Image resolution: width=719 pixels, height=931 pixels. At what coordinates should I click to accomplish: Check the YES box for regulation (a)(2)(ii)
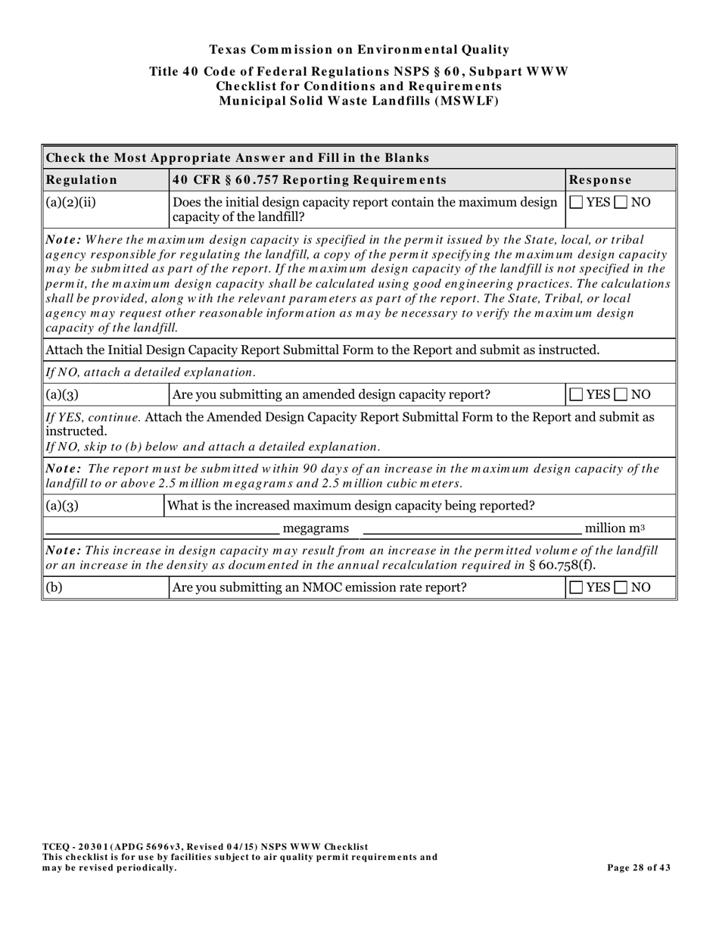(577, 203)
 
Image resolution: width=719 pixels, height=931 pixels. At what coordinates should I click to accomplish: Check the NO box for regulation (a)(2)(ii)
(621, 203)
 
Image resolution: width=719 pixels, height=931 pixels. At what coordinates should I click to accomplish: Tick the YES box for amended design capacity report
(577, 395)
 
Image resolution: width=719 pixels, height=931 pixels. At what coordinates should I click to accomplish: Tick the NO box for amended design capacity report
(621, 395)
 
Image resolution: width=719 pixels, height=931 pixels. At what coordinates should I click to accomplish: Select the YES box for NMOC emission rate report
(577, 587)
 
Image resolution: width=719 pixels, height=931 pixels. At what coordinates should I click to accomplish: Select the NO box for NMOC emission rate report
(621, 587)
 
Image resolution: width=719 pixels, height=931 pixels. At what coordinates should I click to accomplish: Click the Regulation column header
(82, 180)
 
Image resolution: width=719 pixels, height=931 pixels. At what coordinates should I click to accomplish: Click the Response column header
(600, 180)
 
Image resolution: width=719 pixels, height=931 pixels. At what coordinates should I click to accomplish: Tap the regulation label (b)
(54, 587)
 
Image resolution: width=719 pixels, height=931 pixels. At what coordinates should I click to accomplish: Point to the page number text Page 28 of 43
(638, 868)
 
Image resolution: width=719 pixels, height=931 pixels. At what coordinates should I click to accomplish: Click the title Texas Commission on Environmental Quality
(359, 50)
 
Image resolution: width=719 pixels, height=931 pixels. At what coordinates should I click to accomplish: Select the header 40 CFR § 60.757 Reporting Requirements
(310, 180)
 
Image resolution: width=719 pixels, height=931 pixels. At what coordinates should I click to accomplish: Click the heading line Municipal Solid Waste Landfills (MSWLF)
(359, 101)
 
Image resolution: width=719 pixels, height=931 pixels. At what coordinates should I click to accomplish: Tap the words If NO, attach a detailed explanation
(151, 372)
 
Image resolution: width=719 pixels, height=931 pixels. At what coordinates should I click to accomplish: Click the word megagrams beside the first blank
(316, 528)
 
